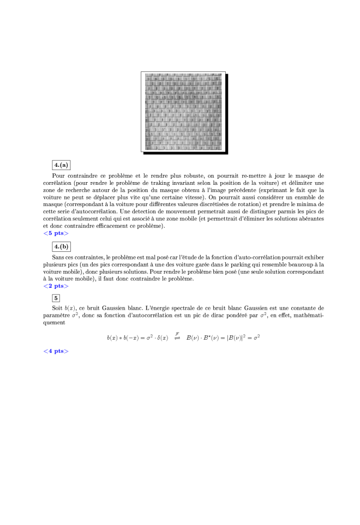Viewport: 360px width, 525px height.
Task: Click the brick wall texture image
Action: [183, 112]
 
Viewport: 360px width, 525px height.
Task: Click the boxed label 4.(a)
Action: [62, 165]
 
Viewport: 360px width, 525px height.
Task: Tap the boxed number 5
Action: [56, 298]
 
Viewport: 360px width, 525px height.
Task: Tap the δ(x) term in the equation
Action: [162, 338]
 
